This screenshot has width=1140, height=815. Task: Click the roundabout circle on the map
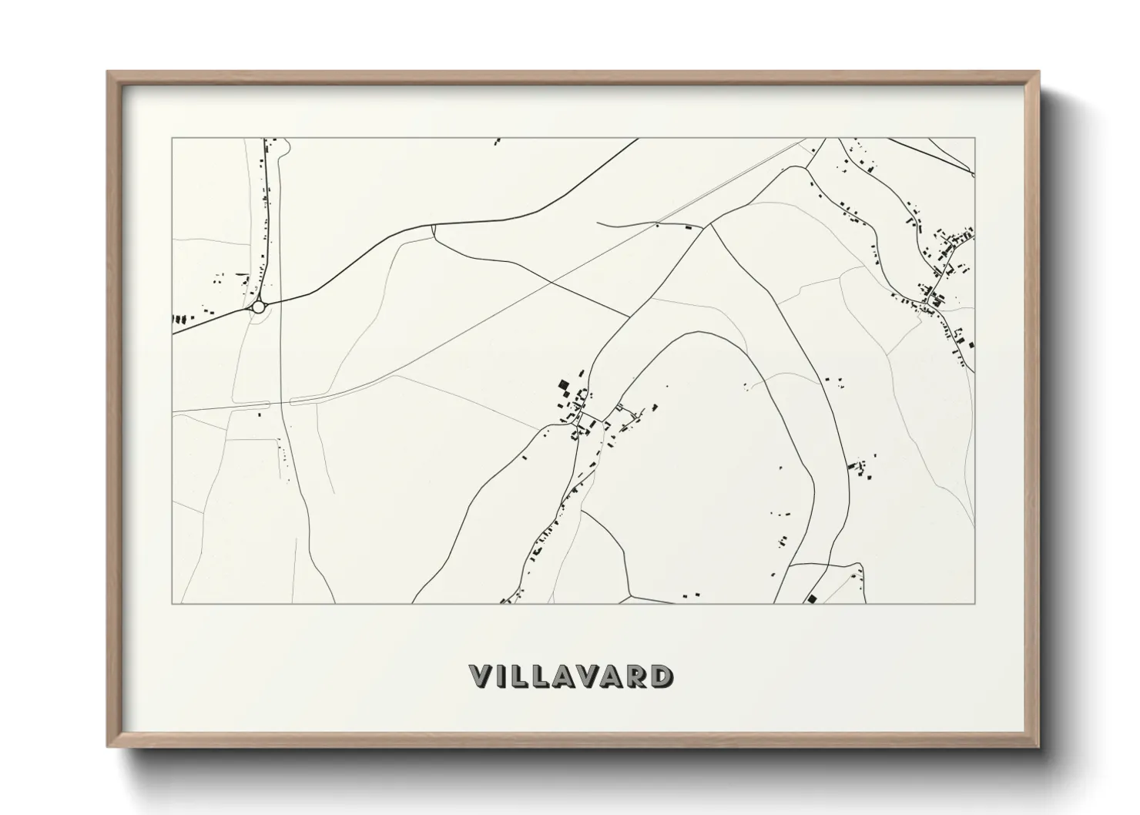click(x=258, y=307)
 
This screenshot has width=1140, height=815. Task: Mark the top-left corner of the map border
click(x=172, y=139)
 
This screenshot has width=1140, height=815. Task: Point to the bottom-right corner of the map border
click(x=974, y=603)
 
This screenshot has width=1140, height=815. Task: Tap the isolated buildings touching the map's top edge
click(x=497, y=141)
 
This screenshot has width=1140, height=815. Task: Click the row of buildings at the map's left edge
click(x=179, y=318)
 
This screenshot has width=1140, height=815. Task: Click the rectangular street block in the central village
click(x=591, y=418)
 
